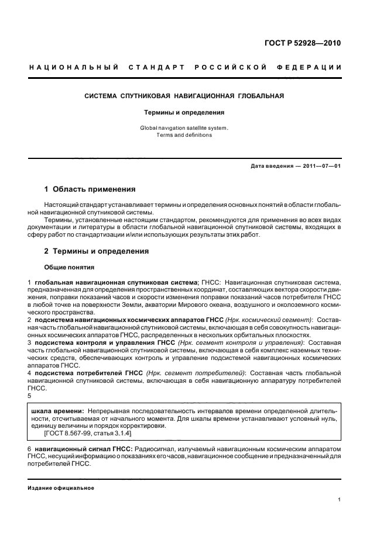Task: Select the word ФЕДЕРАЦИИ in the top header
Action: pos(315,68)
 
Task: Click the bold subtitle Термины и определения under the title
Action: pos(184,112)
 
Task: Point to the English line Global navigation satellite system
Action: pos(184,127)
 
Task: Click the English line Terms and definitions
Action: pos(184,135)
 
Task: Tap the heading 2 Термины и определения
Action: pos(97,251)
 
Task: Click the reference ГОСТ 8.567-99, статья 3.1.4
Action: pos(88,434)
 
